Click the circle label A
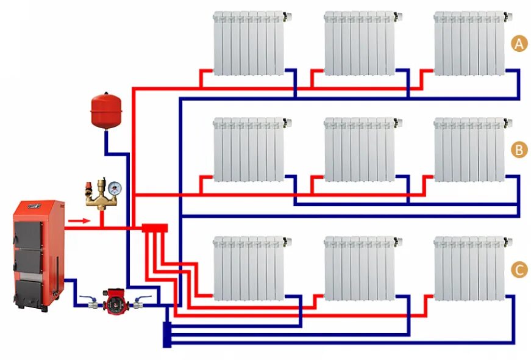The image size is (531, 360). click(x=519, y=44)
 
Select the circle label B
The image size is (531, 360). click(x=519, y=150)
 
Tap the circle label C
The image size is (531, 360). click(x=519, y=270)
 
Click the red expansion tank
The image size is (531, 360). click(x=104, y=110)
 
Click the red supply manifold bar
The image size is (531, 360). click(x=154, y=228)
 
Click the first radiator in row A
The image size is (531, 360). click(x=249, y=43)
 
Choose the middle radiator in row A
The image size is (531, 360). click(x=359, y=43)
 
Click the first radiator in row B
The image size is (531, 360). click(x=249, y=150)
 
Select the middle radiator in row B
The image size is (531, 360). click(x=359, y=150)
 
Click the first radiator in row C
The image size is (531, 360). click(x=249, y=268)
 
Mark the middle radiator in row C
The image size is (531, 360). click(x=359, y=268)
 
